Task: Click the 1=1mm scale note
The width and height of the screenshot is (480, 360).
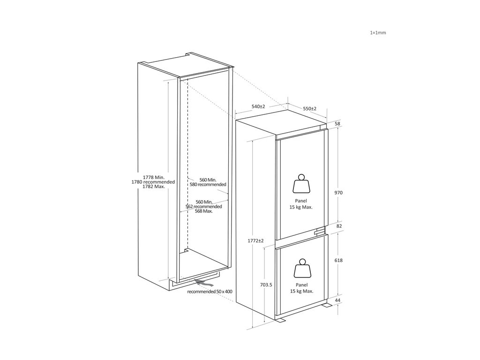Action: pos(378,33)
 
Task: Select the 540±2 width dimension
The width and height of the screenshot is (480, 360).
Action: pos(258,107)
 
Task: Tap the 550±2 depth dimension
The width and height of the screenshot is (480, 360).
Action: pos(309,109)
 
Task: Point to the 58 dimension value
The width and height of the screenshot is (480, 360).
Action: pos(337,123)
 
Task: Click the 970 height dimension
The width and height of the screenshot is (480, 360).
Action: pos(338,193)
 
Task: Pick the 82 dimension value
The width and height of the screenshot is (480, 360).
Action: pos(339,226)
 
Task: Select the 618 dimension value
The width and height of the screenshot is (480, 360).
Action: pos(339,260)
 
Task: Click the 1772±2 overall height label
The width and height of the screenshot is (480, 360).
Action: pos(255,240)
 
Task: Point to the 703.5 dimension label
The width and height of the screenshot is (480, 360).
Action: pos(265,285)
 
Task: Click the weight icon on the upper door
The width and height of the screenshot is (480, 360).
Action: pos(300,184)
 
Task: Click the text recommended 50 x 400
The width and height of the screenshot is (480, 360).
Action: pos(210,292)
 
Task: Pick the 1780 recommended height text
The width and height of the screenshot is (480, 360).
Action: pos(153,182)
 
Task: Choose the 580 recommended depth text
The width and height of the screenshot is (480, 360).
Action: pos(208,185)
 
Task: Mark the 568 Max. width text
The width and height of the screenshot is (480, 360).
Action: pos(203,211)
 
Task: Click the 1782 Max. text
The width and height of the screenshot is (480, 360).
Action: pos(153,187)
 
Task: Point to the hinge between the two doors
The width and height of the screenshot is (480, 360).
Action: pos(320,231)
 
